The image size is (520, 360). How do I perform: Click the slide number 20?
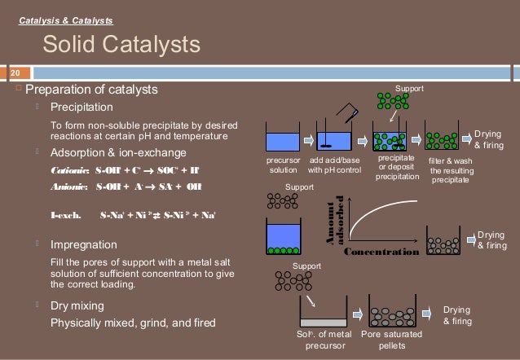pos(13,72)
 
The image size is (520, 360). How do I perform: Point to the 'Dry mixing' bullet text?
pos(77,305)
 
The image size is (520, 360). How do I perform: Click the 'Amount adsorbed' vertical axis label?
pos(334,221)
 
